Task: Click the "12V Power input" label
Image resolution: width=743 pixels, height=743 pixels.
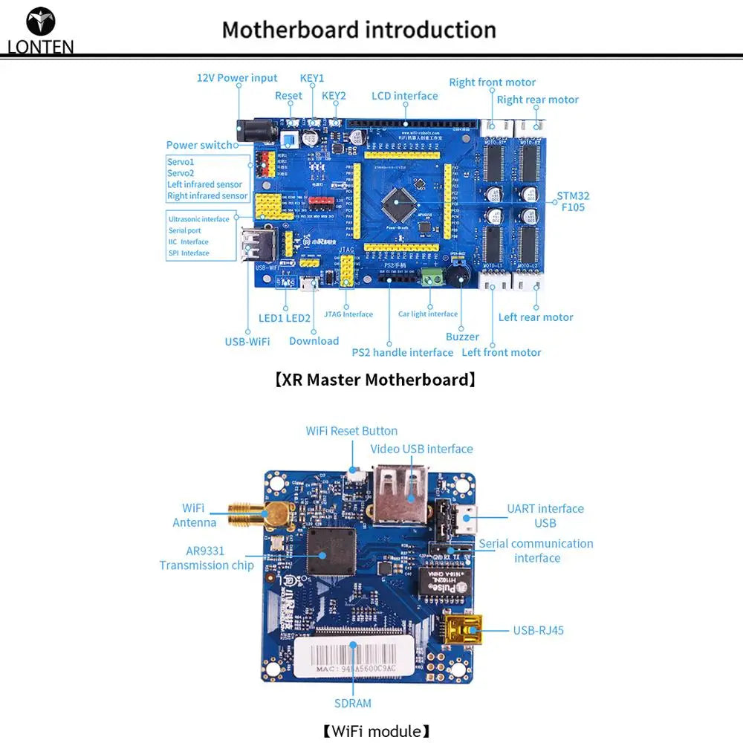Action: tap(236, 78)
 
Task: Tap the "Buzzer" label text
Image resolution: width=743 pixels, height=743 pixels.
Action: tap(462, 337)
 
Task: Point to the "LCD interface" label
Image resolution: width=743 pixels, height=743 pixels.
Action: tap(405, 96)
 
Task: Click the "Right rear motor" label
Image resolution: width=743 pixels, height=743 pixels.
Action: tap(537, 100)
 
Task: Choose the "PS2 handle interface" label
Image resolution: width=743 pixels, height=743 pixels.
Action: tap(402, 352)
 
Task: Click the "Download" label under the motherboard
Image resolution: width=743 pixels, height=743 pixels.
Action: tap(314, 341)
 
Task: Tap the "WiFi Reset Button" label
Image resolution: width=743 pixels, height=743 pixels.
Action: tap(351, 431)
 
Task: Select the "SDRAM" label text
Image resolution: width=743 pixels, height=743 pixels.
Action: tap(352, 703)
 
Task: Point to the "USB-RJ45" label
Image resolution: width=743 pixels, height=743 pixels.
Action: tap(538, 630)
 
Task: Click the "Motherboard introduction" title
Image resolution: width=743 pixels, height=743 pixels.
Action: tap(359, 30)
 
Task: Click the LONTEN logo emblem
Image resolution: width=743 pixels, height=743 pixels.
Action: tap(40, 22)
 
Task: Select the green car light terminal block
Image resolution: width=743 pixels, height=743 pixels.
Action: tap(430, 278)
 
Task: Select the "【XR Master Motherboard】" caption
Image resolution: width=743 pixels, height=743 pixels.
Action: tap(374, 380)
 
